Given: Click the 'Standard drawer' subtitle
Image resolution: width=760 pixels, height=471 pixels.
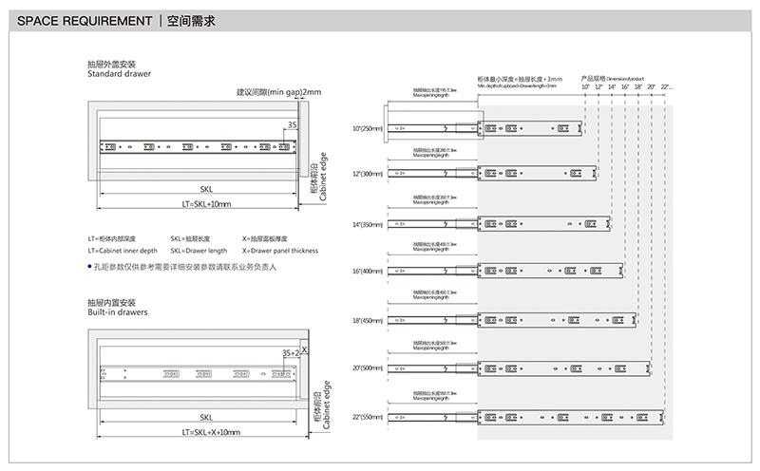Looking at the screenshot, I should [119, 73].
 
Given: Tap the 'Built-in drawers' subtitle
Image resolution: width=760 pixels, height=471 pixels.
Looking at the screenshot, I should [118, 311].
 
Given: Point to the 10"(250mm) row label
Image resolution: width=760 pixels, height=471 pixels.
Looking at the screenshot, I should [368, 128].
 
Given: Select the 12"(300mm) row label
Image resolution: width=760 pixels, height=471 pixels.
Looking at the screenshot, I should [368, 176].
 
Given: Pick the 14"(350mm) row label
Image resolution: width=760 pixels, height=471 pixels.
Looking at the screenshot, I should [368, 224].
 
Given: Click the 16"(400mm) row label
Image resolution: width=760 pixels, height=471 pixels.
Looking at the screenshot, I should [368, 272].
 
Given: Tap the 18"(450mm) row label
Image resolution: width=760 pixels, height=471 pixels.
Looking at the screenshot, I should [368, 320].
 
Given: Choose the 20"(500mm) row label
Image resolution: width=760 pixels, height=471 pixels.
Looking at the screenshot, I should [368, 367].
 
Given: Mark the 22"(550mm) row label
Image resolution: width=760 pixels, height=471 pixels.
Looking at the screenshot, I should [368, 416].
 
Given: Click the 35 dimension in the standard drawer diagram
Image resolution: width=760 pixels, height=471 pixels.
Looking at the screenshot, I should [291, 124].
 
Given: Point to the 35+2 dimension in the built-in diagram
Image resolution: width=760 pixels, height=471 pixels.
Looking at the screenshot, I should [291, 353].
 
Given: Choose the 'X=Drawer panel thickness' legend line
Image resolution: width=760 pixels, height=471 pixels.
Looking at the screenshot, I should [280, 251].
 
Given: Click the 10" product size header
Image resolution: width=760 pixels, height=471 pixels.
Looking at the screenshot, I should [586, 87].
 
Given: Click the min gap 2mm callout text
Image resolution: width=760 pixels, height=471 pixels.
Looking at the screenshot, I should [279, 92].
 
